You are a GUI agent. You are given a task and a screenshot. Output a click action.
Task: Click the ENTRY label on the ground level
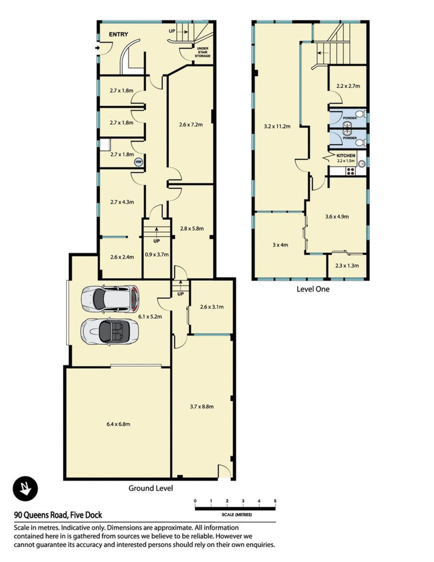pos(118,34)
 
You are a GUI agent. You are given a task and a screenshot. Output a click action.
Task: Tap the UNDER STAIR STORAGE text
pos(202,52)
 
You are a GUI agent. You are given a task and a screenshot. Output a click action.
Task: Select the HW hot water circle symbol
pos(138,162)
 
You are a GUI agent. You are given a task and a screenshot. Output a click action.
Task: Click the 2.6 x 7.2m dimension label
pos(191,125)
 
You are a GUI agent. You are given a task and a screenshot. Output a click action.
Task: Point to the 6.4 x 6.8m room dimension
pos(118,424)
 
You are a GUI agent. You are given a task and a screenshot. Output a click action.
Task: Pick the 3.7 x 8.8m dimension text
pos(202,407)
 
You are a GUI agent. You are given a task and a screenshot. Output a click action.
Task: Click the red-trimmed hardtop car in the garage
pos(110,298)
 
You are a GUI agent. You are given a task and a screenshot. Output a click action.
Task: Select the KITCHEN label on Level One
pos(346,155)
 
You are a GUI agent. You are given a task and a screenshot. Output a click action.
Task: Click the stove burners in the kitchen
pos(350,172)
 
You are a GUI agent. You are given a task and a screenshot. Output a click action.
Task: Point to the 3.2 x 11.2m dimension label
pos(277,126)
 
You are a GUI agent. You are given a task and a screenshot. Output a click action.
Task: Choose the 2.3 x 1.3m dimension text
pos(347,266)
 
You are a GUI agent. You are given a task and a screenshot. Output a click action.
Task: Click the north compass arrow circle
pos(25,488)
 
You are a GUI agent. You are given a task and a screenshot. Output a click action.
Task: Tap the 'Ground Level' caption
pos(151,488)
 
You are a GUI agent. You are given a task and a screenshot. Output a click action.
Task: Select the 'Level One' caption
pos(312,289)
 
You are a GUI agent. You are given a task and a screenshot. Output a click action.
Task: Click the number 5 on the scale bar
pos(275,501)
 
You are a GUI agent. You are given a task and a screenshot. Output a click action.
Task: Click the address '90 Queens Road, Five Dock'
pos(58,515)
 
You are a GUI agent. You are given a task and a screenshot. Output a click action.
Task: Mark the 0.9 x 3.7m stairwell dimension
pos(156,255)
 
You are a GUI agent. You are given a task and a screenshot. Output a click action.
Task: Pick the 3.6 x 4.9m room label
pos(337,217)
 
